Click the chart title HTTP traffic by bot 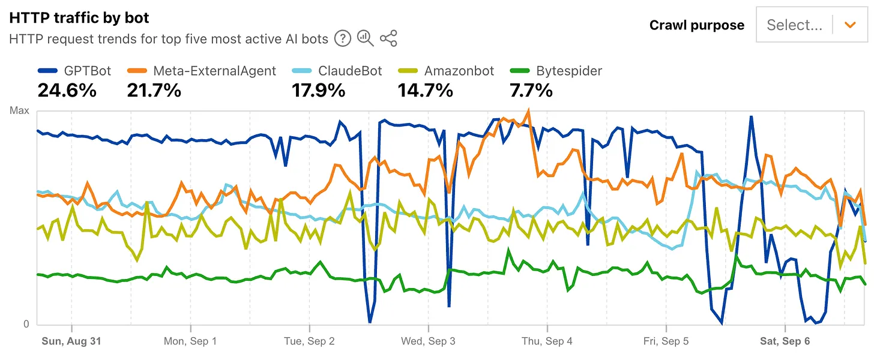click(79, 18)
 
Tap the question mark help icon click(342, 39)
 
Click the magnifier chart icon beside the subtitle click(365, 39)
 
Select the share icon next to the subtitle click(388, 39)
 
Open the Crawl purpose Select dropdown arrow click(849, 25)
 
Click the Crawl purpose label click(696, 25)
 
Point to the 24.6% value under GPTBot click(67, 91)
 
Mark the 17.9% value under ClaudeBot click(318, 91)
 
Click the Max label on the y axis click(19, 111)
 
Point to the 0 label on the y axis click(26, 324)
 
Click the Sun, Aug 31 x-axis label click(71, 341)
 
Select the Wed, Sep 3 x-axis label click(428, 341)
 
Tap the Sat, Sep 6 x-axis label click(785, 341)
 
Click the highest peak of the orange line click(528, 110)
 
